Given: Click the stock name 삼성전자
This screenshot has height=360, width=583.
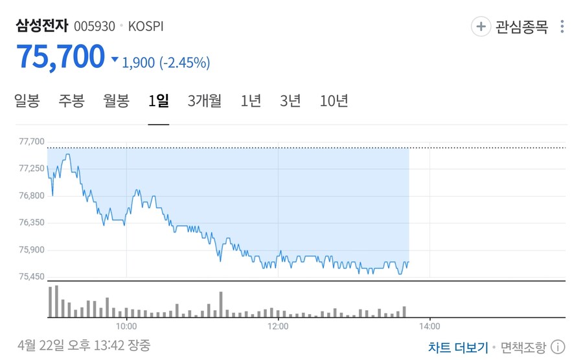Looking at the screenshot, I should tap(41, 26).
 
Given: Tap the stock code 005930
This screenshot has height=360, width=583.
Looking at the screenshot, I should tap(94, 27).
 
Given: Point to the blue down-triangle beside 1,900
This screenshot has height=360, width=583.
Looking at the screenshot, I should tap(115, 60).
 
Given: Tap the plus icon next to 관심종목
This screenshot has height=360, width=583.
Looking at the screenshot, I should tap(481, 27).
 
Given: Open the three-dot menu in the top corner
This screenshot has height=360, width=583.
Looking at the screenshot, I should tap(562, 27).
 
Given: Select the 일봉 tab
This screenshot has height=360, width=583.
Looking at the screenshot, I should tap(27, 101).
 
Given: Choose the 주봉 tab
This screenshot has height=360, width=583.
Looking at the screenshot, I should tap(71, 101).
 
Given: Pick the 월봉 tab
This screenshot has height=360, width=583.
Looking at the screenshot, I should tap(117, 101).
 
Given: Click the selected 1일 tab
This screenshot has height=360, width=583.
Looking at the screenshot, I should tap(159, 101).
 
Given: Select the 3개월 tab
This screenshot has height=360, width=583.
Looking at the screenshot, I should tap(205, 101).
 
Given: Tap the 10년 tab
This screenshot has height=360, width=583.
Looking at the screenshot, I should tap(334, 101).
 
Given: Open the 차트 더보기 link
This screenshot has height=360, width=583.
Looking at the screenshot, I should tap(458, 347).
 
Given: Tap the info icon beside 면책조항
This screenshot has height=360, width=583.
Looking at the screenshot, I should tap(558, 347).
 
